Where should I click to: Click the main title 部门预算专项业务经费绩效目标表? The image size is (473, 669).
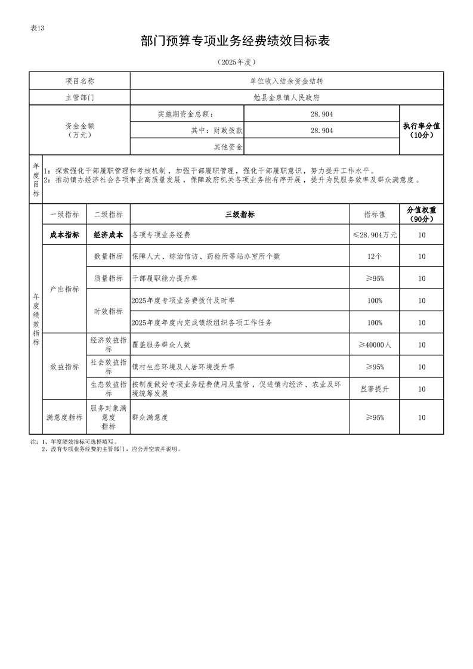click(236, 41)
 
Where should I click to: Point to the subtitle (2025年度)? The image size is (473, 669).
click(236, 62)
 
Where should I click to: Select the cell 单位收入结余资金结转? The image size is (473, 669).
click(286, 80)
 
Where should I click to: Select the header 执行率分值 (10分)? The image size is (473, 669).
click(421, 130)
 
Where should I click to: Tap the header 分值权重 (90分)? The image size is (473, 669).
click(421, 215)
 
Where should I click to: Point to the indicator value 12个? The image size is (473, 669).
click(375, 256)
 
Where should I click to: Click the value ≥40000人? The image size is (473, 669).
click(375, 345)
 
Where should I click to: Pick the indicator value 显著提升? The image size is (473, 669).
click(375, 389)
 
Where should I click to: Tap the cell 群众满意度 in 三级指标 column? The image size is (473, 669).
click(150, 417)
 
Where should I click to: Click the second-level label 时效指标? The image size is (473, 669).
click(108, 311)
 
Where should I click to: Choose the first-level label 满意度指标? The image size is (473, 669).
click(64, 417)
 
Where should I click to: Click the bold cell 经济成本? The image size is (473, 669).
click(108, 235)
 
